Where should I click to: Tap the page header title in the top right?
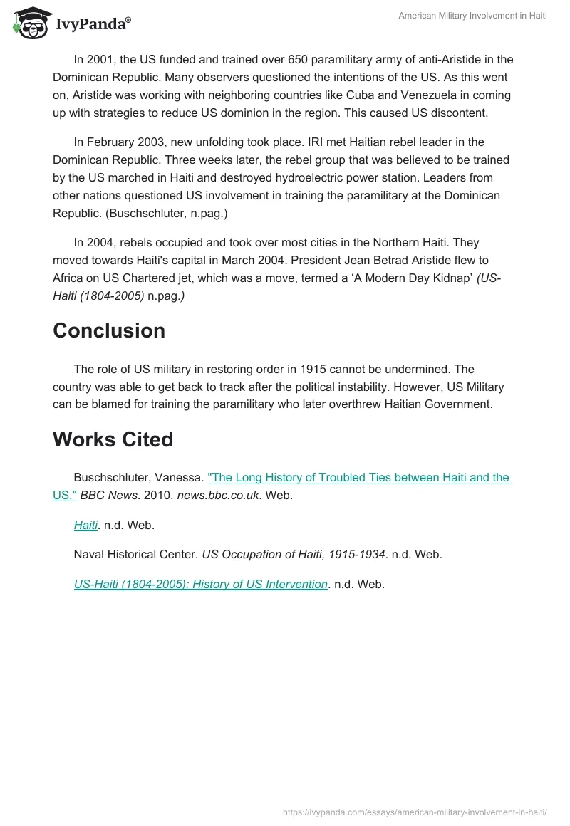(x=472, y=16)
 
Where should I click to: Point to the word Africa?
(x=69, y=277)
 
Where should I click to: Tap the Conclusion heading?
(x=109, y=330)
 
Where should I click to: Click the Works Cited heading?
(x=113, y=439)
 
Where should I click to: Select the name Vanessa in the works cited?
(x=180, y=478)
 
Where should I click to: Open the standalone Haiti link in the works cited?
(x=85, y=526)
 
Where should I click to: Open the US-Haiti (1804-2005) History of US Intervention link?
(x=201, y=585)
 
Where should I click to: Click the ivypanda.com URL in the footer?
(x=415, y=812)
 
